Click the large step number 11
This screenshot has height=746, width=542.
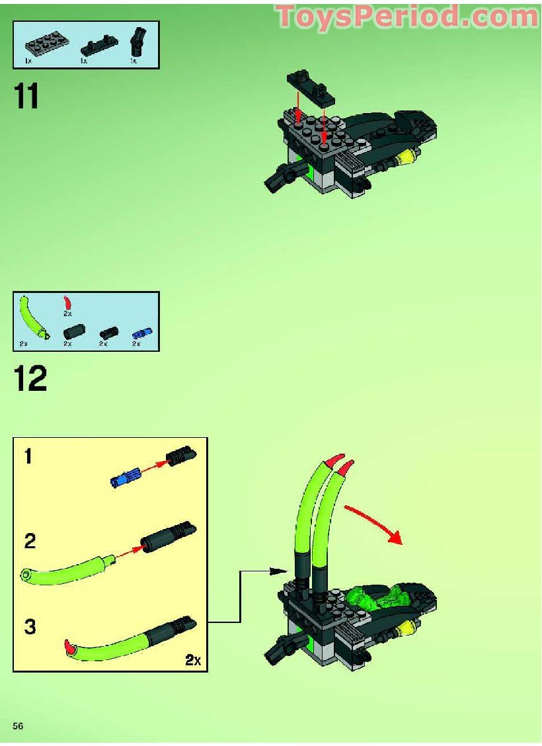pyautogui.click(x=26, y=97)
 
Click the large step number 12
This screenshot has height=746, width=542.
pyautogui.click(x=30, y=380)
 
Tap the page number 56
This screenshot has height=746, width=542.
pyautogui.click(x=18, y=725)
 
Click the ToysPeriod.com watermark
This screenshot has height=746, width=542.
pyautogui.click(x=407, y=17)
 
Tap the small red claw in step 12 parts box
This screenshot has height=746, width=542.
pyautogui.click(x=67, y=303)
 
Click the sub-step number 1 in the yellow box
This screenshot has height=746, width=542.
pyautogui.click(x=28, y=456)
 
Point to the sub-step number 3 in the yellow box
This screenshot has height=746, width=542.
pyautogui.click(x=29, y=626)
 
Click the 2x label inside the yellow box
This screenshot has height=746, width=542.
pyautogui.click(x=192, y=659)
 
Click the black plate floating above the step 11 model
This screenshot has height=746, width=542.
pyautogui.click(x=310, y=88)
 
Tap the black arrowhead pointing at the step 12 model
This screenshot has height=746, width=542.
pyautogui.click(x=281, y=569)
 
